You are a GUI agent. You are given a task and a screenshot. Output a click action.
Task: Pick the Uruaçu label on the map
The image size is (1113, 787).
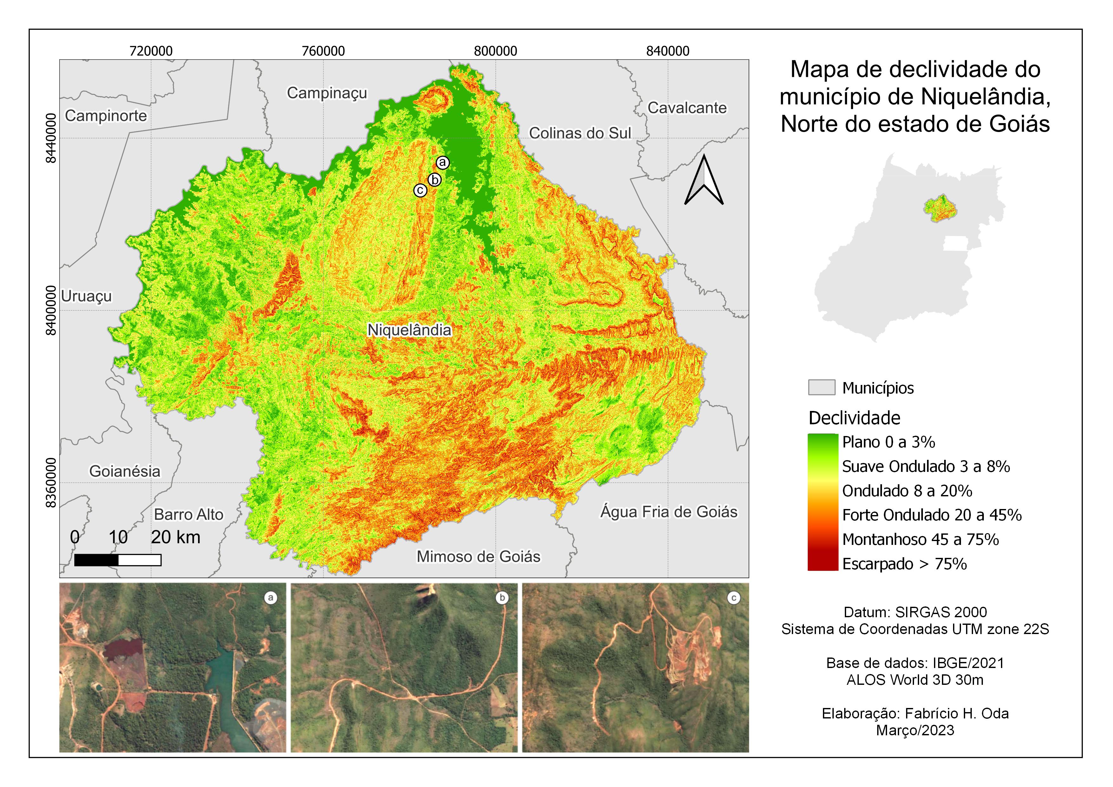pyautogui.click(x=86, y=296)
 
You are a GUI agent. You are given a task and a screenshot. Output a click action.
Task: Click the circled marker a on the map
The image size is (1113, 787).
pyautogui.click(x=442, y=163)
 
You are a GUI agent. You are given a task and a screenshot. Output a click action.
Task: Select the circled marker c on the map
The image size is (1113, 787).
pyautogui.click(x=420, y=190)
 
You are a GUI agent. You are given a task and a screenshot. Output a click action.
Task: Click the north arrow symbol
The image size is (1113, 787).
pyautogui.click(x=704, y=180)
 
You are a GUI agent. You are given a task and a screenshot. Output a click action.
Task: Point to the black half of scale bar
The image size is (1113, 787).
pyautogui.click(x=96, y=560)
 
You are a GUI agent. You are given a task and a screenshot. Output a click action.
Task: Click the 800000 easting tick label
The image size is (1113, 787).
pyautogui.click(x=495, y=51)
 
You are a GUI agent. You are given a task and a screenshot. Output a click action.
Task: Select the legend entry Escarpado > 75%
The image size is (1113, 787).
pyautogui.click(x=904, y=564)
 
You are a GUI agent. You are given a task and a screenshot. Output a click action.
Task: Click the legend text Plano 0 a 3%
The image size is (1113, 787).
pyautogui.click(x=888, y=442)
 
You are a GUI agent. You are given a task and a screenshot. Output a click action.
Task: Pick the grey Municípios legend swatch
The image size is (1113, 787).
pyautogui.click(x=821, y=388)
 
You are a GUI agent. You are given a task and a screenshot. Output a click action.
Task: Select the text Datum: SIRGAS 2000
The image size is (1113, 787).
pyautogui.click(x=915, y=612)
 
